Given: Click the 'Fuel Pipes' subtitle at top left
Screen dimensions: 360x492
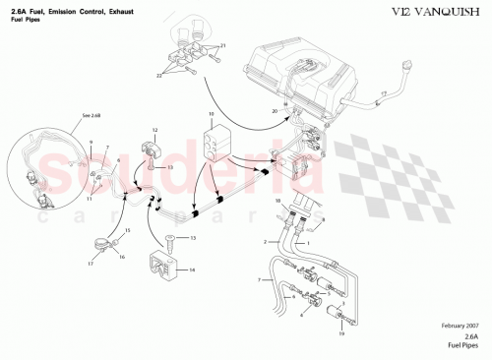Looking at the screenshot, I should (27, 20).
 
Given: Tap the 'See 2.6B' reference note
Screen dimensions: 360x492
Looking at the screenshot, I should (92, 115).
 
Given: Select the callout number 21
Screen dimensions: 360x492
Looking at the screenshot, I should (222, 46).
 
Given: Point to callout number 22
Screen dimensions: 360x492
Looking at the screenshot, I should (158, 75).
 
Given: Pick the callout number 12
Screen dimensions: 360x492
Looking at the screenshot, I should (154, 130).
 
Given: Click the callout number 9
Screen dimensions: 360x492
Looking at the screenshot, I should (90, 143).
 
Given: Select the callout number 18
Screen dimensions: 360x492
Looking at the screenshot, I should (277, 202).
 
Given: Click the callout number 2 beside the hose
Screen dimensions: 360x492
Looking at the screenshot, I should (265, 241).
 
